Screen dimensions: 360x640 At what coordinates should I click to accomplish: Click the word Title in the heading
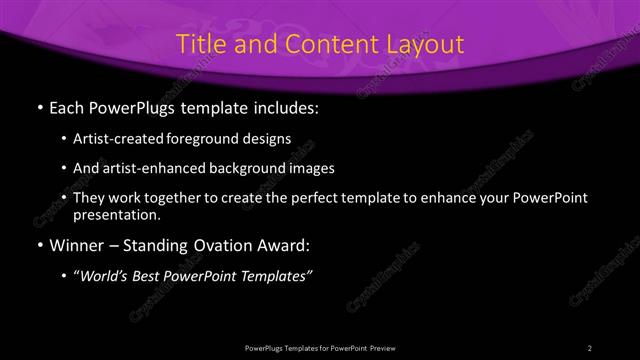point(200,44)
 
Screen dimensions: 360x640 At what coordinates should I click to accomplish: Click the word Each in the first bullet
point(68,105)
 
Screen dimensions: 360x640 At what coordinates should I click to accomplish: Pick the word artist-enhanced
point(151,169)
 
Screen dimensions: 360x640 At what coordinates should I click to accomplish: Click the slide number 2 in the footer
point(590,347)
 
